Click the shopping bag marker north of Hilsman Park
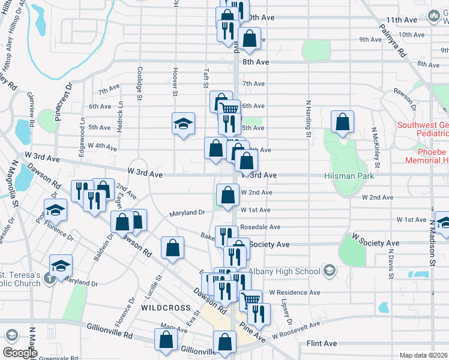(x=342, y=122)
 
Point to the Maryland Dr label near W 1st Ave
(x=187, y=212)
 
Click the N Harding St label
(x=309, y=118)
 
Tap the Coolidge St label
(x=139, y=83)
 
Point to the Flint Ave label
(x=322, y=344)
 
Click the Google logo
(x=20, y=353)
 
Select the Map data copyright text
(x=424, y=355)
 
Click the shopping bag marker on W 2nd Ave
(x=228, y=195)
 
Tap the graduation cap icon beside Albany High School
(x=328, y=271)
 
